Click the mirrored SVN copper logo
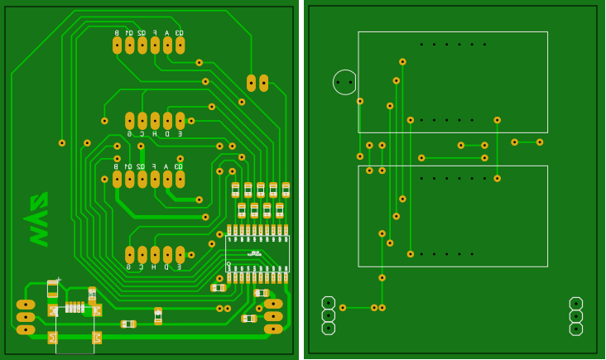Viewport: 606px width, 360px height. coord(38,219)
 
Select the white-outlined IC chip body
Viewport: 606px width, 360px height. coord(257,253)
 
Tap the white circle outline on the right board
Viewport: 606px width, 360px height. coord(344,82)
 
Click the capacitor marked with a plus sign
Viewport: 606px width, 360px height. coord(53,288)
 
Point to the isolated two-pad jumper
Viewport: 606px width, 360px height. coord(257,83)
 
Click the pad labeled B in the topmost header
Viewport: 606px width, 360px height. coord(117,46)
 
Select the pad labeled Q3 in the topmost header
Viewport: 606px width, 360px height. coord(180,46)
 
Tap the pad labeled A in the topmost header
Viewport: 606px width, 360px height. coord(167,46)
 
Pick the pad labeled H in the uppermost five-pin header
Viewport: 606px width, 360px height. coord(155,121)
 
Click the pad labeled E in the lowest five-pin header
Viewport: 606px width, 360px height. coord(180,255)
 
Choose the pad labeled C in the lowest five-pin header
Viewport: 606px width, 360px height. coord(142,255)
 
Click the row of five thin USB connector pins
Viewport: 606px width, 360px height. coord(75,307)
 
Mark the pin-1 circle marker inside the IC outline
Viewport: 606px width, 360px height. coord(229,264)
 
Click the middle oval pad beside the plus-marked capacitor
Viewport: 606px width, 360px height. coord(26,317)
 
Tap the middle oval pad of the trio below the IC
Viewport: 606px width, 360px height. coord(273,316)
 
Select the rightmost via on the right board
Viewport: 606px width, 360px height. coord(540,142)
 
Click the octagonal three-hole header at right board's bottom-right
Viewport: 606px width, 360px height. coord(576,316)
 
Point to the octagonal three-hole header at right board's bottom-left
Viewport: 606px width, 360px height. coord(329,315)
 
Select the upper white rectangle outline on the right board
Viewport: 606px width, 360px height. coord(452,82)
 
